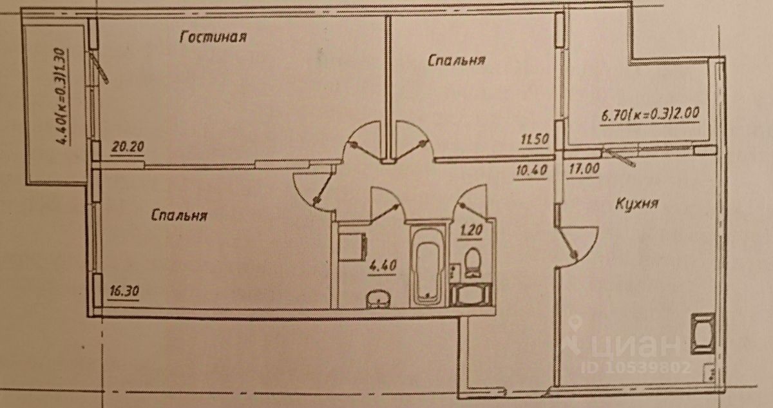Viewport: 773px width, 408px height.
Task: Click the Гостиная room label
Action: coord(213,37)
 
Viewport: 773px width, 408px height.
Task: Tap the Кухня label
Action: coord(635,204)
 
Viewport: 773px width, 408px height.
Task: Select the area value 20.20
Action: coord(126,147)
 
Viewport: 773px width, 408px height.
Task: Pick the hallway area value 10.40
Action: coord(531,171)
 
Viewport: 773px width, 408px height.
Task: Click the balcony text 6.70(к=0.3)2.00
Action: coord(650,119)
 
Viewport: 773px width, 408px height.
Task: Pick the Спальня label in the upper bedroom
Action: coord(455,61)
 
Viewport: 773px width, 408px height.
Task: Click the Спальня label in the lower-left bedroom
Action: coord(178,215)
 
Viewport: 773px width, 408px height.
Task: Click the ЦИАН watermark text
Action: coord(638,345)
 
